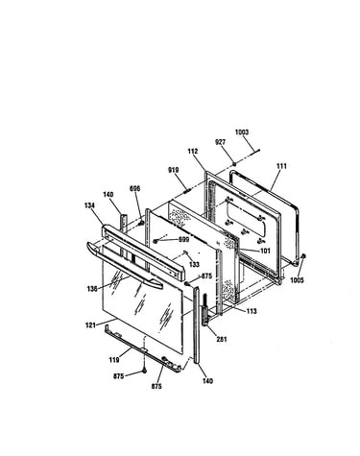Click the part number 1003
(x=242, y=132)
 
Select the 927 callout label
(x=220, y=142)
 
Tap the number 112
(x=193, y=152)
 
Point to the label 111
(x=281, y=166)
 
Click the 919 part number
(x=174, y=170)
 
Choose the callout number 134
(x=89, y=205)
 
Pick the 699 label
(x=184, y=239)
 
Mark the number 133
(x=194, y=264)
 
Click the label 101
(x=265, y=251)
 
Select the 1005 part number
(x=297, y=280)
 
